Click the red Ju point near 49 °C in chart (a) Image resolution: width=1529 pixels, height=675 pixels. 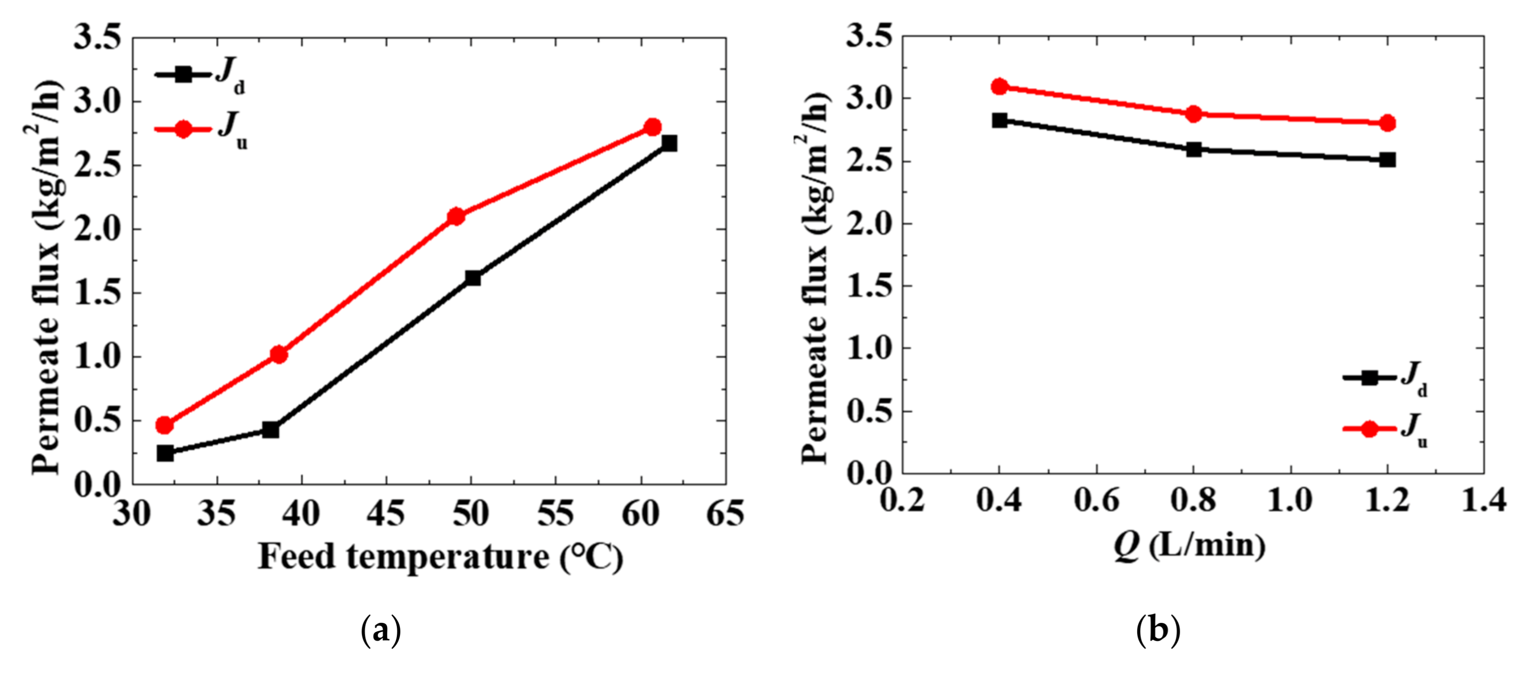click(x=456, y=216)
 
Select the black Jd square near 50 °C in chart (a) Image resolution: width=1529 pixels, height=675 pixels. click(x=473, y=277)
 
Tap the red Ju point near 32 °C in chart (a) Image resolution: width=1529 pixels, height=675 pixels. click(x=165, y=425)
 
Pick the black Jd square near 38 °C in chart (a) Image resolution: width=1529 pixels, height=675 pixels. click(x=271, y=429)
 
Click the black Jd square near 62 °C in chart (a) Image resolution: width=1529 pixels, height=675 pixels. click(x=669, y=143)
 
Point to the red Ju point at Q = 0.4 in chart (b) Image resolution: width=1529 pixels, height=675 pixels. click(x=1000, y=86)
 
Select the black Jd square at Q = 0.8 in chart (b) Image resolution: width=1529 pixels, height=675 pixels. click(x=1194, y=149)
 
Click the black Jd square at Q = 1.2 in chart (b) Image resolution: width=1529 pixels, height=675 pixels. click(x=1387, y=160)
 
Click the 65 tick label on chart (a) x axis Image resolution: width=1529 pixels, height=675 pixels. click(x=725, y=513)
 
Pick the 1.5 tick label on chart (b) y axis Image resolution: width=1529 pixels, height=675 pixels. click(x=868, y=286)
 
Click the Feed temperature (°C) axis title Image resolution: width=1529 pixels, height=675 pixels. click(x=441, y=557)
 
